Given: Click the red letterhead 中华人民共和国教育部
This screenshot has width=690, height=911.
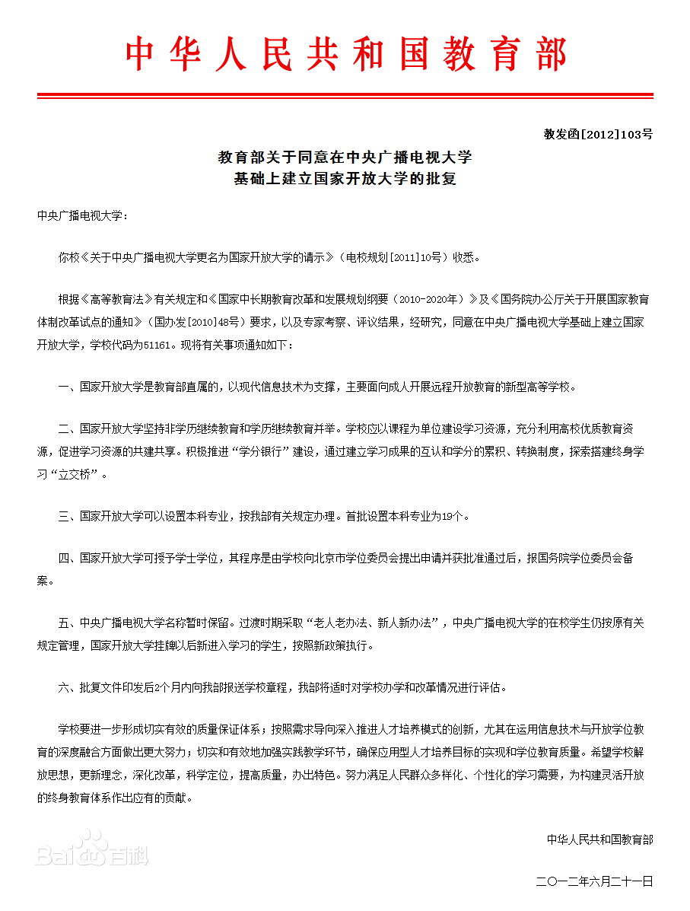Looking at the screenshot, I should pos(345,55).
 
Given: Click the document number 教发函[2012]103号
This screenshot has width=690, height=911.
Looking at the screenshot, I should pos(598,135).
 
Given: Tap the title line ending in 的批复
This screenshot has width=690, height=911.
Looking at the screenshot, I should pos(345,180).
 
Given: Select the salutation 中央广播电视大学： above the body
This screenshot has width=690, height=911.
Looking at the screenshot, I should pos(83,215).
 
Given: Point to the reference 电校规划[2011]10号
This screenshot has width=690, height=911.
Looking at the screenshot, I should pos(394,257).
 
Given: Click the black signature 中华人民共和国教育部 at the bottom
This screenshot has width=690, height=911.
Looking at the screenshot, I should pos(599,839).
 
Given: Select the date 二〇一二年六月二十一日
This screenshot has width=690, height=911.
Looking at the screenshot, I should pos(594,881).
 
